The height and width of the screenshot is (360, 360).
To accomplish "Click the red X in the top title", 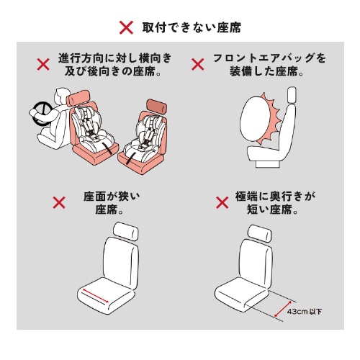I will [x=126, y=28].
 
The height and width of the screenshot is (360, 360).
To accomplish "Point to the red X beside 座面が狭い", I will [x=60, y=204].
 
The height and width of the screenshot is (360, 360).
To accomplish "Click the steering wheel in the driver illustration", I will [x=39, y=110].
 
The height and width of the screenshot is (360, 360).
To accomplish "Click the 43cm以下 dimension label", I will [x=304, y=312].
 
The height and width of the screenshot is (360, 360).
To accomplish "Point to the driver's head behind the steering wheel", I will [x=59, y=95].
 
